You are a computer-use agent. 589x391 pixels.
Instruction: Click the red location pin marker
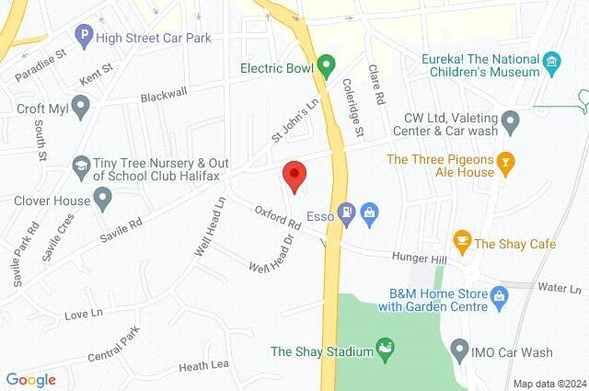(x=294, y=174)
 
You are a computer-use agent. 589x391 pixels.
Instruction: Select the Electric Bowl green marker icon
(x=324, y=66)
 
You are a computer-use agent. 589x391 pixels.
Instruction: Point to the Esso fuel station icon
(x=346, y=213)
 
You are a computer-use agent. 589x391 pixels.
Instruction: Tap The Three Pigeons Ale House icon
(x=504, y=166)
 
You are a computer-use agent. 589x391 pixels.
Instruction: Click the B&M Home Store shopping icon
(x=499, y=295)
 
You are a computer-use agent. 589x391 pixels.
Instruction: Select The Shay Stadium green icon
(x=386, y=350)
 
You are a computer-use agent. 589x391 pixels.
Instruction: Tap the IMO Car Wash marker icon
(x=460, y=351)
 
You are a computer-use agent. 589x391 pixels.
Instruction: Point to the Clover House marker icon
(x=102, y=200)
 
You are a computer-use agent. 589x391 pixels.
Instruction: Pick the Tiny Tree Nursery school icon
(x=80, y=165)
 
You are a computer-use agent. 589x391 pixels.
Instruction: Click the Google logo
(x=30, y=380)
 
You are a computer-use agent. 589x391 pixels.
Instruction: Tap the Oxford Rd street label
(x=279, y=217)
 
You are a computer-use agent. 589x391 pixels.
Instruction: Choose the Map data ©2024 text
(x=549, y=383)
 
